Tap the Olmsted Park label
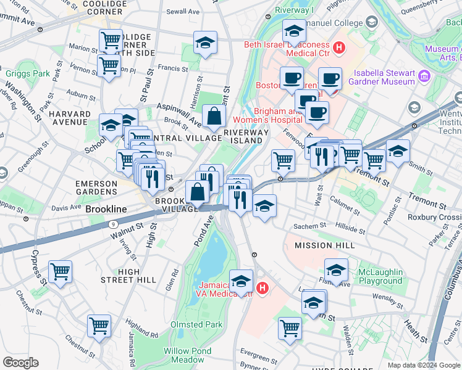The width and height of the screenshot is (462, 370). click(x=196, y=324)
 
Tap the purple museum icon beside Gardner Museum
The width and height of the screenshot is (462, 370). click(x=424, y=76)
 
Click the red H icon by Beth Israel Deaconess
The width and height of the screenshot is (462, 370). click(x=338, y=47)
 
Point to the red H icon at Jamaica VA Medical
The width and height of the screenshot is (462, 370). click(x=262, y=288)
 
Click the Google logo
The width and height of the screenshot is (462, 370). click(x=21, y=363)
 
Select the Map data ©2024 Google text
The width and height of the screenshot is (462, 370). click(x=424, y=365)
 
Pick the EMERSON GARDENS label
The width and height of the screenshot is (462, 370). click(x=96, y=188)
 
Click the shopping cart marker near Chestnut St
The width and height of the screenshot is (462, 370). click(x=99, y=326)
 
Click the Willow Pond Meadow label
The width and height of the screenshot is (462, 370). click(x=184, y=355)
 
